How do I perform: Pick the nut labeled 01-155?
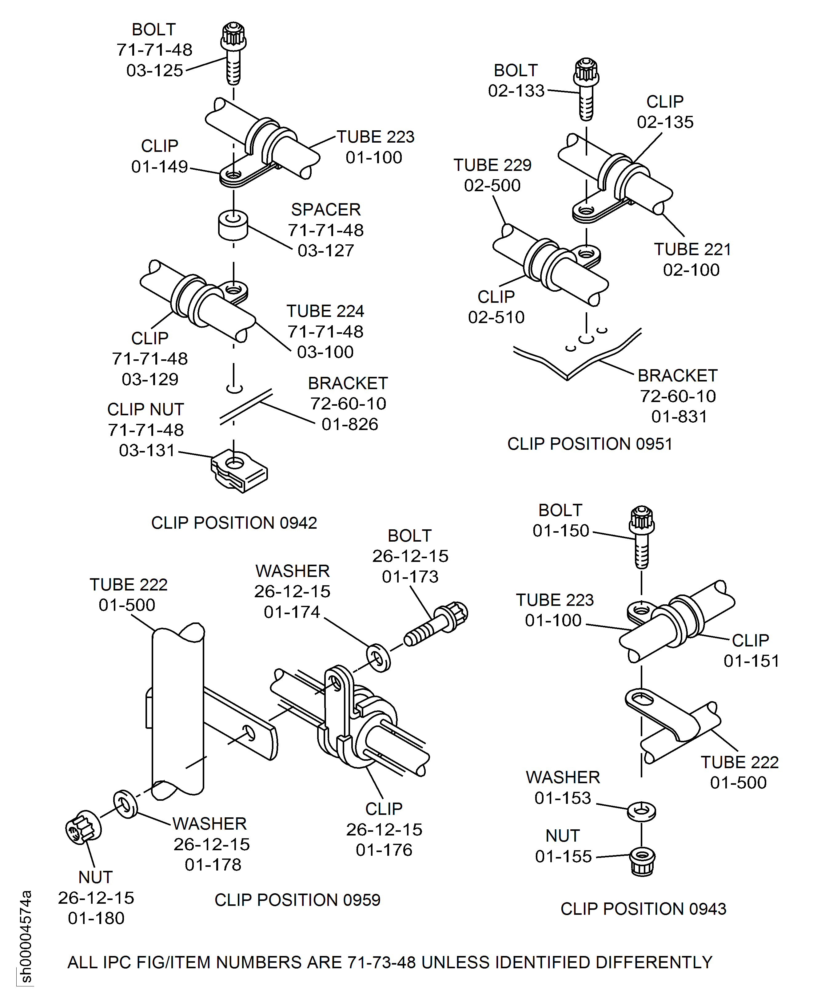tap(642, 862)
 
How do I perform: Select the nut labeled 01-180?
tap(83, 827)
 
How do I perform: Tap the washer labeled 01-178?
tap(126, 804)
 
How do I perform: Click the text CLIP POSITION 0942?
tap(234, 523)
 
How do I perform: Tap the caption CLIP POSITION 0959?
tap(297, 900)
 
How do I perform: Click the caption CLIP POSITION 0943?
tap(643, 909)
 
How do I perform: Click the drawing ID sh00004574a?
tap(26, 936)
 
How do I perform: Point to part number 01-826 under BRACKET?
tap(349, 424)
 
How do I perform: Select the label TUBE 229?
tap(492, 165)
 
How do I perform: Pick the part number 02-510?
tap(496, 317)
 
